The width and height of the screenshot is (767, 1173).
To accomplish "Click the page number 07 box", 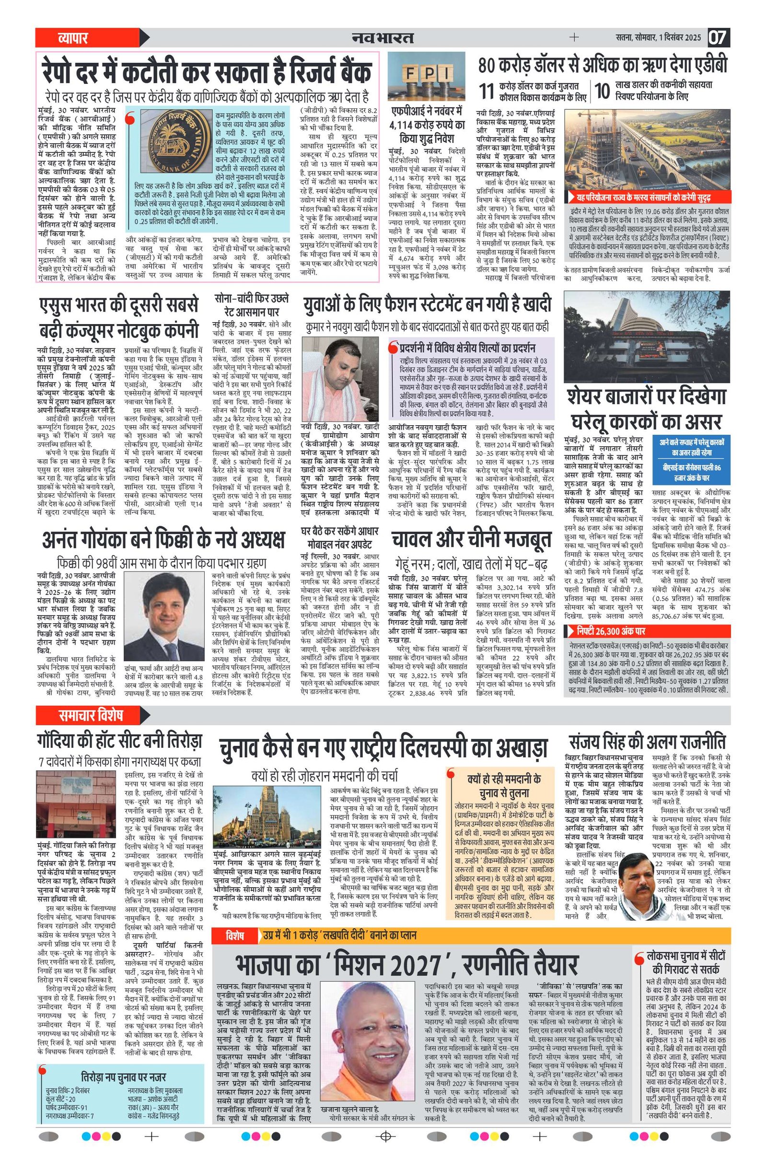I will [x=718, y=37].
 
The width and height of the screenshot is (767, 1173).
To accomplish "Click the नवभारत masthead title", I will [x=383, y=37].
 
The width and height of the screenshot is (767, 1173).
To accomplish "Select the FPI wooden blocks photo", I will [x=426, y=77].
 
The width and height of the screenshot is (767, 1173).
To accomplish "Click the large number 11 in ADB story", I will [x=487, y=91].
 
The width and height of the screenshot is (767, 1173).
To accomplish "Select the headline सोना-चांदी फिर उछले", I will [x=252, y=305].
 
